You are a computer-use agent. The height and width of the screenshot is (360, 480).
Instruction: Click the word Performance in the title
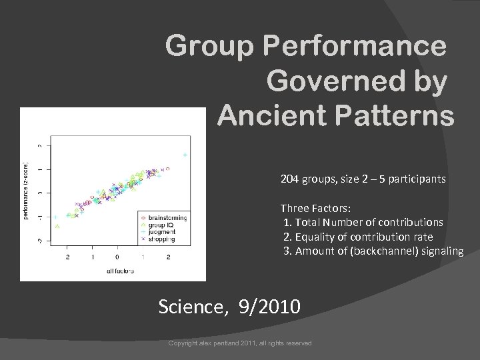tap(355, 46)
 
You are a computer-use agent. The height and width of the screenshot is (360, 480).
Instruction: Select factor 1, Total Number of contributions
tap(363, 222)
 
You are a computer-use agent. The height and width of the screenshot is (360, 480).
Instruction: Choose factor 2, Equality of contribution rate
tap(357, 237)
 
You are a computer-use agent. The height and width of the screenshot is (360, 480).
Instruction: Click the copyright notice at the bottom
tap(240, 343)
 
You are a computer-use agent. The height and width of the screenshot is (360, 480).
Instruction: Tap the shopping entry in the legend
tap(161, 239)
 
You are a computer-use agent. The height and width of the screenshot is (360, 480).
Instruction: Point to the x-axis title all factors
tap(120, 271)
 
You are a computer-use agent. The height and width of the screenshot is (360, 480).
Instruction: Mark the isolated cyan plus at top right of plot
tap(185, 155)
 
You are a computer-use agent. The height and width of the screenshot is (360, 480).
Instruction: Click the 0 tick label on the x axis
tap(117, 257)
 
